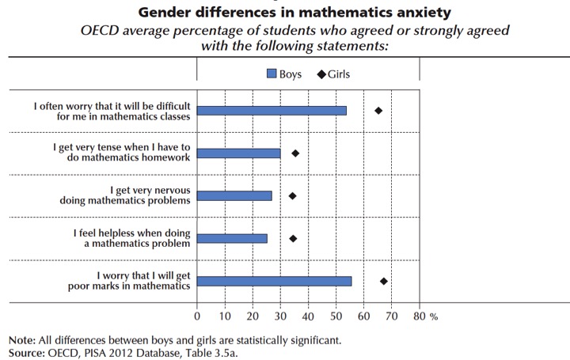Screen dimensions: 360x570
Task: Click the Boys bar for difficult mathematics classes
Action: [272, 111]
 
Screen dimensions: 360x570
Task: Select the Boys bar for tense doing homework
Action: [238, 153]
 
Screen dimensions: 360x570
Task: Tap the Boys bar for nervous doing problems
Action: [234, 195]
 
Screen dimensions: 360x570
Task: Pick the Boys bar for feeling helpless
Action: [232, 238]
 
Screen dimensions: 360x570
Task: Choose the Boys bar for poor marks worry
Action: [274, 281]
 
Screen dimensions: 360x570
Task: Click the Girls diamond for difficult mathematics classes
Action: [378, 111]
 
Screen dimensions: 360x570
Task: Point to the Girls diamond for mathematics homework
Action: [295, 153]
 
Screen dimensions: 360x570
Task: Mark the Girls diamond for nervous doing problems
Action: [292, 195]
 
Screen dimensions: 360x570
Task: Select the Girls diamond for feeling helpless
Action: [293, 238]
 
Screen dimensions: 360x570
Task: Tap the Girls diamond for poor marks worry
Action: [384, 281]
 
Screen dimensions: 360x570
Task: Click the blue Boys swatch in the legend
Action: [272, 73]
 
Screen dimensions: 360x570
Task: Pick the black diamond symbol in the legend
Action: [321, 73]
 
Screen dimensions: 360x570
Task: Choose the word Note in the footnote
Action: [20, 340]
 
